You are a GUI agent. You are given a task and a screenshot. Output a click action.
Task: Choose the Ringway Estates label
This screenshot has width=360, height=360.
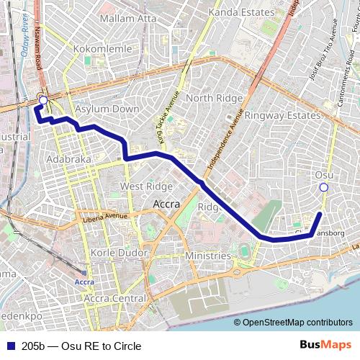(282, 115)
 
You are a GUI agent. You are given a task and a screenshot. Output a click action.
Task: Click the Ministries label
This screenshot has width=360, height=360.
(208, 256)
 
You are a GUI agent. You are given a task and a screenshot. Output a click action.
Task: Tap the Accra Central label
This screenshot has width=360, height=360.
(115, 298)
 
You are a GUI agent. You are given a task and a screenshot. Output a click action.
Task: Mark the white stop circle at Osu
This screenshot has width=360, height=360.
(323, 187)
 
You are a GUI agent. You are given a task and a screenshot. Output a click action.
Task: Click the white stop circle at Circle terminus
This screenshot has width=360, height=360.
(43, 100)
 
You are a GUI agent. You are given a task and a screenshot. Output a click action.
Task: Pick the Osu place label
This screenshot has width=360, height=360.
(324, 175)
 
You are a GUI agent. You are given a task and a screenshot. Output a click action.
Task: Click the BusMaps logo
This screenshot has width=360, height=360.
(326, 346)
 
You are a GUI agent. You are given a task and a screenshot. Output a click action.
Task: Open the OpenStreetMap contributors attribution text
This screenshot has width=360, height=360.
(297, 323)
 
